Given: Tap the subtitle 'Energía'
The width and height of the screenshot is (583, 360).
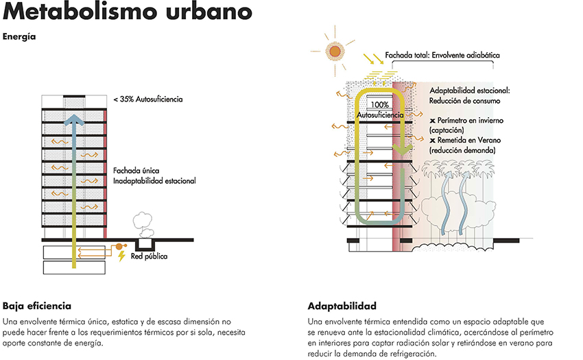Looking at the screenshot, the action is point(19,37).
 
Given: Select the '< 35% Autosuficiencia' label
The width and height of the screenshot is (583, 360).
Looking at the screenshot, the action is point(148,99).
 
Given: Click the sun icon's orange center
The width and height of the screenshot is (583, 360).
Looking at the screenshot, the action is point(335,51).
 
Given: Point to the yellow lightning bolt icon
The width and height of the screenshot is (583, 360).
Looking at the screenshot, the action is point(121,256).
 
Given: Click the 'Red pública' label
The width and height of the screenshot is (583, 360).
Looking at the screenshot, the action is point(149,256).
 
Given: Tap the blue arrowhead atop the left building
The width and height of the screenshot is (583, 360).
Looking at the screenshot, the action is point(74,120).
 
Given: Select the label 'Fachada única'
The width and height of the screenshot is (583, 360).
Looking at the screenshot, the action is point(136,171).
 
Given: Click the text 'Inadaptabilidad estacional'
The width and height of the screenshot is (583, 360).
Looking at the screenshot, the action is point(154,181).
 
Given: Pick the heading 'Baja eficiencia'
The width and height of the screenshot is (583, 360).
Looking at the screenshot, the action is point(37,306).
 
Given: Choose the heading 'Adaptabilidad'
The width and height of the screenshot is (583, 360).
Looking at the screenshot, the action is point(342,306).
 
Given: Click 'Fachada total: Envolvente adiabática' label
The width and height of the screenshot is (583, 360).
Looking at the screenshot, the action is point(442,55).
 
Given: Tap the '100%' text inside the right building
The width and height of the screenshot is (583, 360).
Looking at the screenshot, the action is point(379,105).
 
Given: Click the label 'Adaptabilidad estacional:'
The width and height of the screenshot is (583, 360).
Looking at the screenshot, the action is point(470,91).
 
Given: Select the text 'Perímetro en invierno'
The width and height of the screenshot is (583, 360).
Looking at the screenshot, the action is point(471,121).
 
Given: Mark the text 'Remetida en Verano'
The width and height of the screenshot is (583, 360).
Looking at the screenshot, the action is point(469,140).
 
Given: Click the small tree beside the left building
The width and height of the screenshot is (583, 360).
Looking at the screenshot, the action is point(143,225).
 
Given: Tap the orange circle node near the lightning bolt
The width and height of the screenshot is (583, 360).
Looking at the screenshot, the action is point(119,246).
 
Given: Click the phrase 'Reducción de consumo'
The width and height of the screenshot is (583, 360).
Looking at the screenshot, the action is point(465,101).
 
